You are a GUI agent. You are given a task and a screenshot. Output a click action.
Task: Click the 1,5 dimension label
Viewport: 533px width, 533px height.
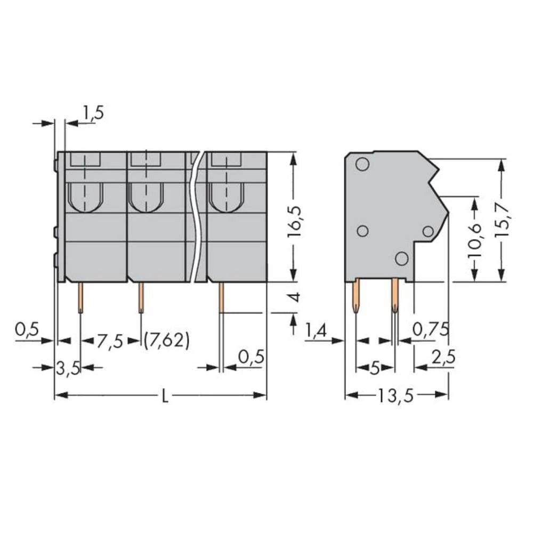coord(92,113)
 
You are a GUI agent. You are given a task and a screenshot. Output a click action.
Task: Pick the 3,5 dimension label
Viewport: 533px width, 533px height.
coord(68,368)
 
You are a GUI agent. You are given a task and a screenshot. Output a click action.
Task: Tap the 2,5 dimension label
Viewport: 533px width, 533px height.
coord(443,358)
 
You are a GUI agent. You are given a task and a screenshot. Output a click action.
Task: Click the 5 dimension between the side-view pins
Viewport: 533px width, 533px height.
coord(375,368)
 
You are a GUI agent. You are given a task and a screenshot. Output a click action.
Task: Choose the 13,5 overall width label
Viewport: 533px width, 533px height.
coord(397,395)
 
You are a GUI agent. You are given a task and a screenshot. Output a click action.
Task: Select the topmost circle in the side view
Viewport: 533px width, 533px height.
coord(362,164)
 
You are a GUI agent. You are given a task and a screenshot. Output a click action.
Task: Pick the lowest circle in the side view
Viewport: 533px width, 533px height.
coord(402,259)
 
